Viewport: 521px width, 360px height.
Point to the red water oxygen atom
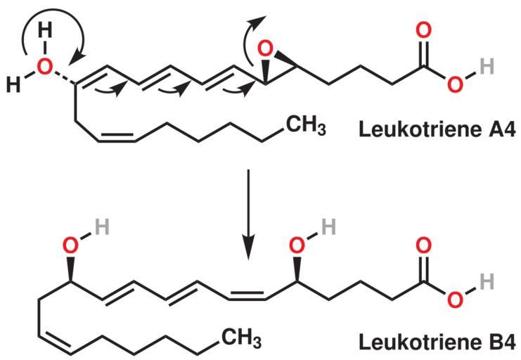(44, 67)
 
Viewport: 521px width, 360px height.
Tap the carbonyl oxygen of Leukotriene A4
(423, 32)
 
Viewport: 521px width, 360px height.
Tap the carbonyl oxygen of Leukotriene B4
(423, 246)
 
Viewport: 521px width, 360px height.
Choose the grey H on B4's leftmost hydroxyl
(101, 226)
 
